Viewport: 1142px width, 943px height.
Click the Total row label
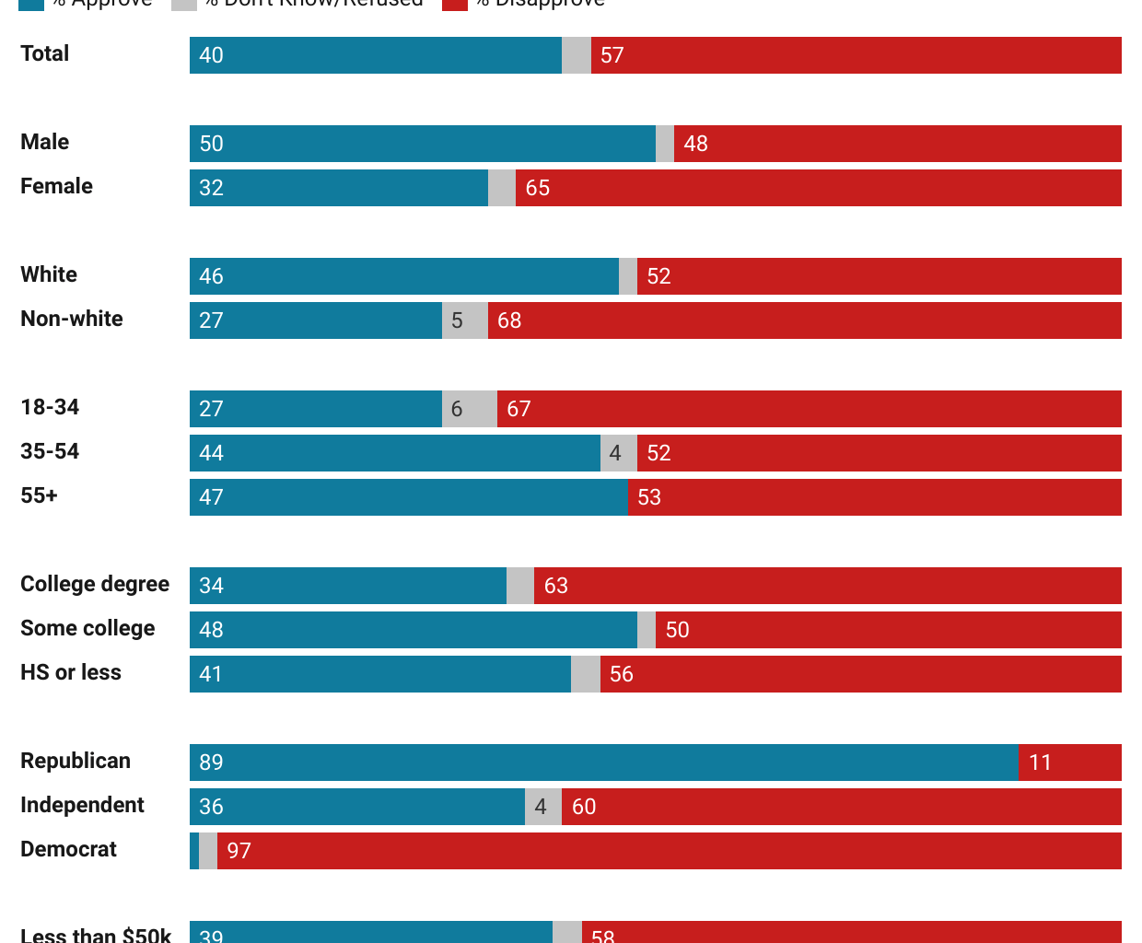[x=44, y=53]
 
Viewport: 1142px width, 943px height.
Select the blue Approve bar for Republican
[x=603, y=763]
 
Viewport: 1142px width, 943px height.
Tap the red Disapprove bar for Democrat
[x=669, y=851]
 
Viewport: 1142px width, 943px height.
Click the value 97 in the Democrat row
[x=239, y=851]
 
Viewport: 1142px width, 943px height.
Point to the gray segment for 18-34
[x=470, y=409]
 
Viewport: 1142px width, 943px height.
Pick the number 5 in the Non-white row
[x=457, y=320]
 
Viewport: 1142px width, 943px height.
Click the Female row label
[x=56, y=186]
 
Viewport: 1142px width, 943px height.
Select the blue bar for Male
[x=422, y=144]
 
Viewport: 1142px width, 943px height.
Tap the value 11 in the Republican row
[x=1040, y=763]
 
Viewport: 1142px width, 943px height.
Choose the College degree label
[x=95, y=584]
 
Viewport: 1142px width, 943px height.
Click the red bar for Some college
[x=888, y=630]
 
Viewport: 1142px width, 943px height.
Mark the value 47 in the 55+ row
[x=211, y=497]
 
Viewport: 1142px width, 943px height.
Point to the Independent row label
[x=82, y=805]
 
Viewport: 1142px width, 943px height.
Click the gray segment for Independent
[x=543, y=807]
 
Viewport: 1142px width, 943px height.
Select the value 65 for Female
[x=537, y=188]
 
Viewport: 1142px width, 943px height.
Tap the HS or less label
[x=71, y=672]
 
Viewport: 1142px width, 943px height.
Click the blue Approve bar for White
[x=403, y=276]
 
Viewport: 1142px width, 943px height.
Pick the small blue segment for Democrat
[x=194, y=851]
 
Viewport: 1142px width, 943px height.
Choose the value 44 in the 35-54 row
[x=211, y=453]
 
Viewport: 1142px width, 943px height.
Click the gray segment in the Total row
[x=577, y=55]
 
